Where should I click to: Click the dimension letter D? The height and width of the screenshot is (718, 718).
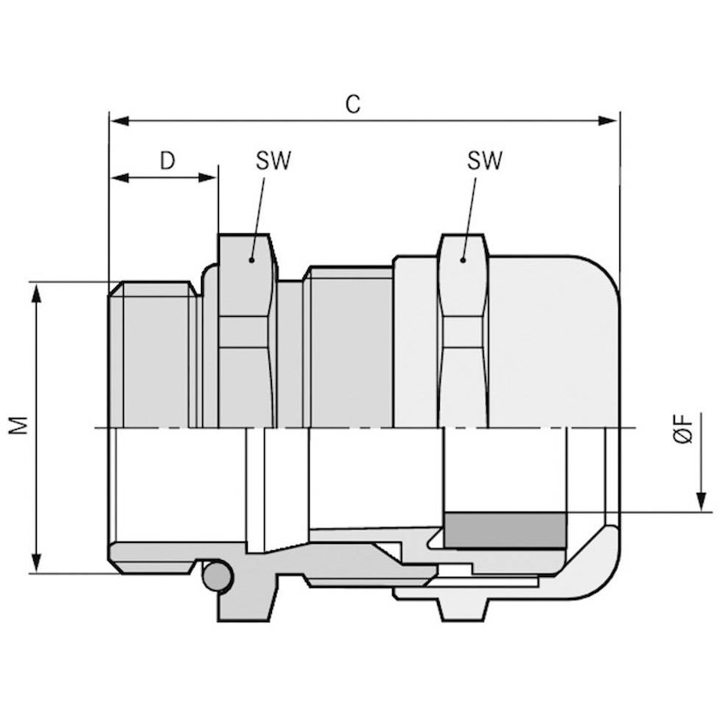click(x=167, y=161)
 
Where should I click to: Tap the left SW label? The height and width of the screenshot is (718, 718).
click(x=273, y=161)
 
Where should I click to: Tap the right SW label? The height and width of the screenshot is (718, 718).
click(x=485, y=161)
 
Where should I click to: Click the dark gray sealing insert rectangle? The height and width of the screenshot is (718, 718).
click(x=506, y=531)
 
